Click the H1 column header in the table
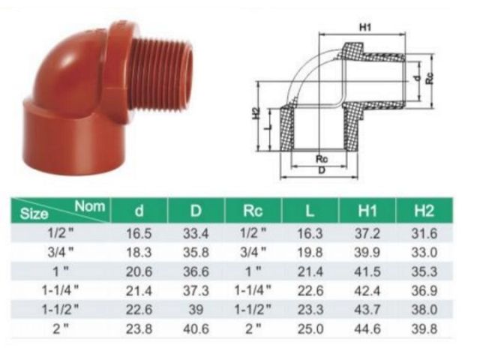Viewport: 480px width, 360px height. tap(367, 211)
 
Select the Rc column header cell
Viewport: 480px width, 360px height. tap(252, 211)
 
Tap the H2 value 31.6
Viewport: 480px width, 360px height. tap(425, 234)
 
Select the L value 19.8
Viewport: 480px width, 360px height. tap(310, 253)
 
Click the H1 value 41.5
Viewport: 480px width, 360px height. tap(367, 271)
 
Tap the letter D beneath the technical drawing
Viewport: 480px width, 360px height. tap(322, 171)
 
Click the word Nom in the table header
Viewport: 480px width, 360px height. tap(91, 203)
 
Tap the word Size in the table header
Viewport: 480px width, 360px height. tap(34, 214)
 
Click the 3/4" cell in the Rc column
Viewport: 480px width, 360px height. tap(252, 253)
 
